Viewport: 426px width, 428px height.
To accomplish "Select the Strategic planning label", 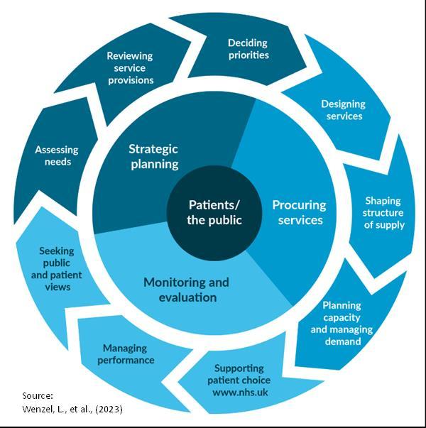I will coord(153,157).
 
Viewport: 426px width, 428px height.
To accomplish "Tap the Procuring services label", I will coord(299,212).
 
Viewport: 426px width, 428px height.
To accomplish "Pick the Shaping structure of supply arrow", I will coord(383,213).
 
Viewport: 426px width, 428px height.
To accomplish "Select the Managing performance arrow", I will coord(128,353).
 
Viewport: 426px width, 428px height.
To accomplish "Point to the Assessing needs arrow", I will coord(56,157).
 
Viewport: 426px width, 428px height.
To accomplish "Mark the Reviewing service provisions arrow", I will coord(130,68).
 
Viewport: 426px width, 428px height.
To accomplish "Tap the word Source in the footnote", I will coord(39,395).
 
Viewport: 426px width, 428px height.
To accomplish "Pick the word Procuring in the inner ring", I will coord(299,205).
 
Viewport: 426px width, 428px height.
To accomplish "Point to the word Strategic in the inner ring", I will coord(153,149).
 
